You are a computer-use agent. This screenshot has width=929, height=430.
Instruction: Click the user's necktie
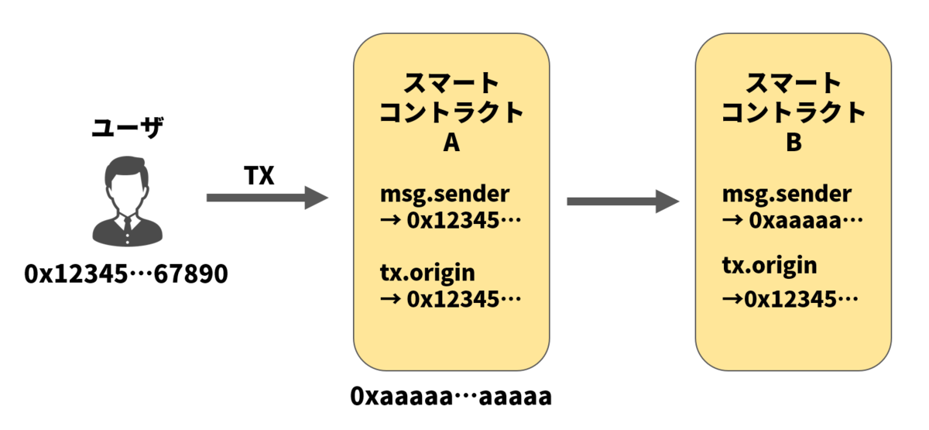tap(127, 225)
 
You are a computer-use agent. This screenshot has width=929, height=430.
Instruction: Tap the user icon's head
tap(127, 182)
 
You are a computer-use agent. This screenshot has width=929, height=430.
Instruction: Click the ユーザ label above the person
tap(127, 127)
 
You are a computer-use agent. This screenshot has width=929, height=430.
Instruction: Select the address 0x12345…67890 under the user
tap(126, 274)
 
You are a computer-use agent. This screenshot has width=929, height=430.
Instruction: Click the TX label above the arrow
tap(259, 175)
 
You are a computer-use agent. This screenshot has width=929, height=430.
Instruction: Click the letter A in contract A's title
tap(451, 143)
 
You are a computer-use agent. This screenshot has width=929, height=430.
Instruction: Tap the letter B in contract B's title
tap(794, 143)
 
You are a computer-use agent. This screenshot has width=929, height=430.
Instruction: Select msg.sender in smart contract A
tap(444, 194)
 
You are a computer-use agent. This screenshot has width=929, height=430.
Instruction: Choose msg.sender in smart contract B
tap(787, 194)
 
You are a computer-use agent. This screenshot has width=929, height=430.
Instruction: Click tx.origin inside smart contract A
tap(427, 273)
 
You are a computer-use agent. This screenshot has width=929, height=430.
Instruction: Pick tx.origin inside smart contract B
tap(770, 265)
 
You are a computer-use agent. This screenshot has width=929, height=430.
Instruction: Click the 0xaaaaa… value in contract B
tap(805, 220)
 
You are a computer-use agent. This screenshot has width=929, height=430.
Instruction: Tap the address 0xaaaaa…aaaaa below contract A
tap(451, 396)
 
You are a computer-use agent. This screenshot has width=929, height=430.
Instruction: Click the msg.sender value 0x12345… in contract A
tap(464, 220)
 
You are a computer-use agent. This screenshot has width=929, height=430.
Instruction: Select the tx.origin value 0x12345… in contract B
tap(800, 299)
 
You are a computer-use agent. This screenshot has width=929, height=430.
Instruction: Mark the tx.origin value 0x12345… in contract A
tap(464, 299)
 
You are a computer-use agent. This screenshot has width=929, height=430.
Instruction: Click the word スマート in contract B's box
tap(794, 83)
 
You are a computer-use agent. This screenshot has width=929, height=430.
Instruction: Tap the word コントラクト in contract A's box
tap(451, 112)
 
